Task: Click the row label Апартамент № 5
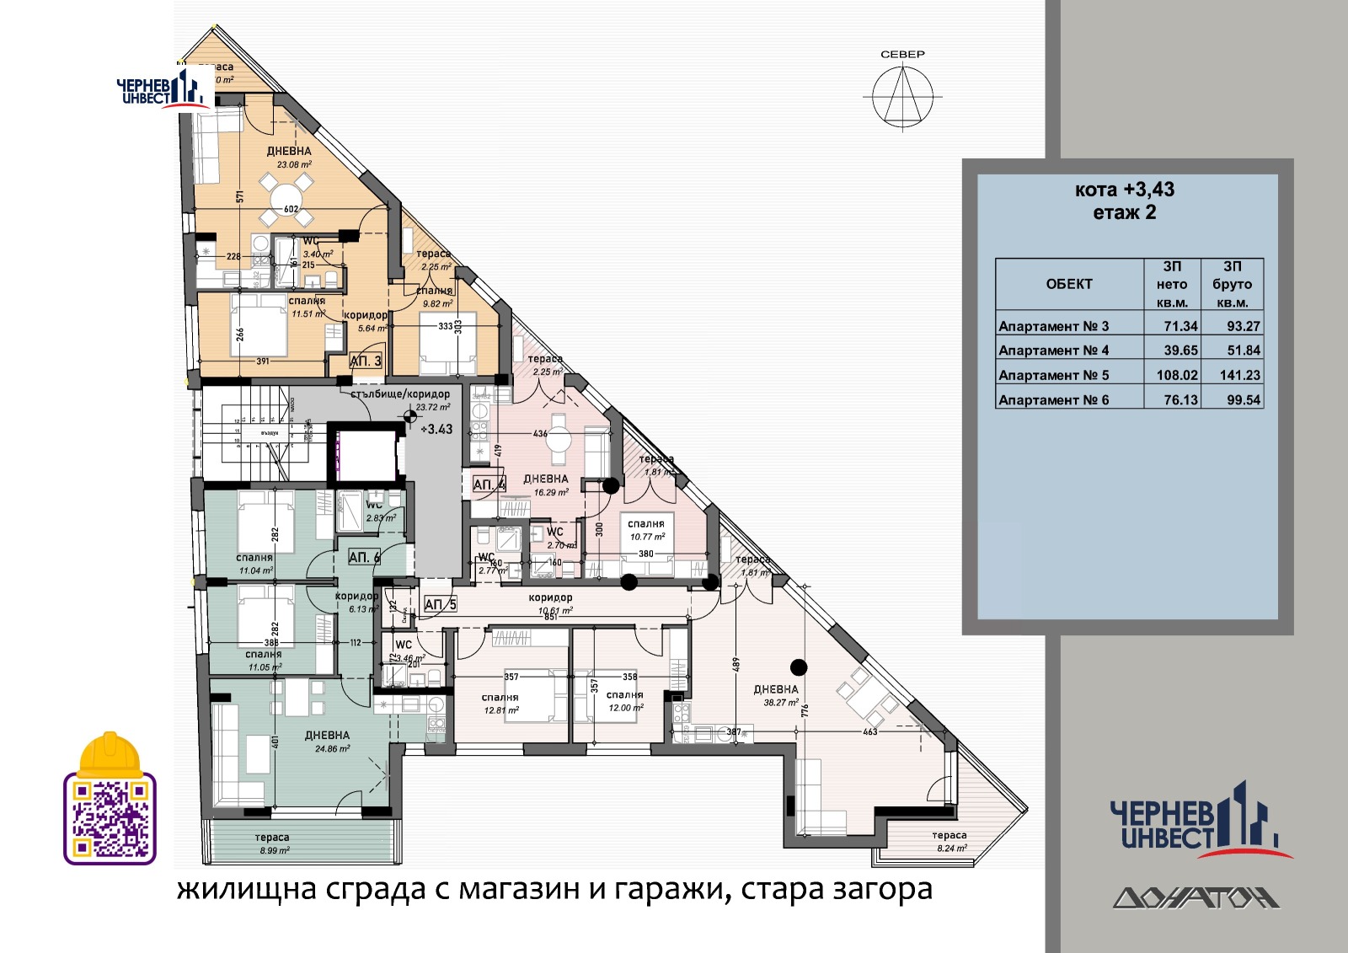(1054, 375)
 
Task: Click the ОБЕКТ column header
(1068, 285)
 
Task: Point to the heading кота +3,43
(1124, 190)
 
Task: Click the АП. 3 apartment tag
(366, 361)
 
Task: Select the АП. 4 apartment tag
(489, 485)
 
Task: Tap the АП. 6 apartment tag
(364, 557)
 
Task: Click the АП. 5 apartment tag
(440, 604)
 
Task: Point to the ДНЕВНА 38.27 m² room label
(776, 695)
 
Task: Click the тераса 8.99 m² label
(272, 843)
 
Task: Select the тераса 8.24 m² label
(949, 842)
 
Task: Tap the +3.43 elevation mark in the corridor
(436, 429)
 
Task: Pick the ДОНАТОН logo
(1196, 898)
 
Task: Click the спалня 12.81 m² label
(500, 704)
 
